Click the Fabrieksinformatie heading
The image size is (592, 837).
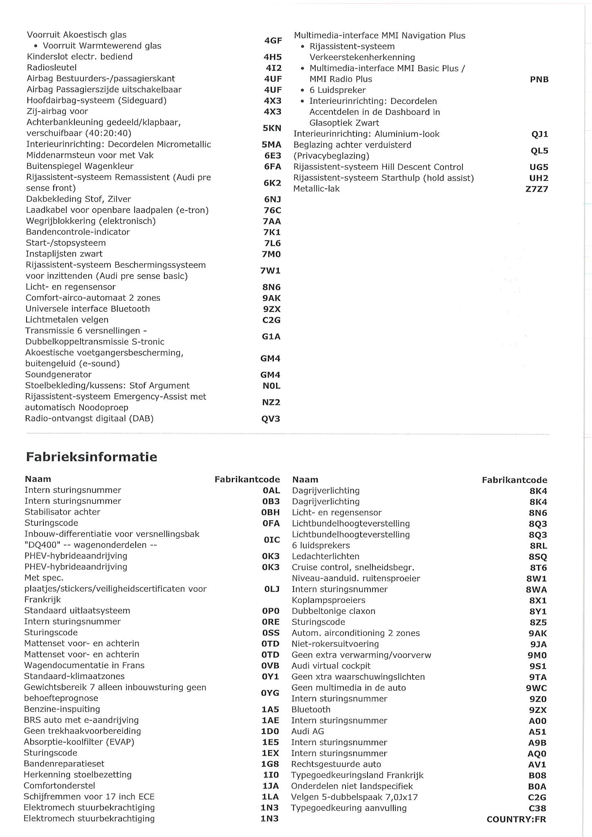point(92,457)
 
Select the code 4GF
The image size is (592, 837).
point(273,40)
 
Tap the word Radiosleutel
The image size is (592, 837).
point(52,67)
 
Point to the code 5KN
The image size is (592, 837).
point(272,128)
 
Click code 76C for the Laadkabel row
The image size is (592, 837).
point(272,210)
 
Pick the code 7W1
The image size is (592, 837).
point(270,271)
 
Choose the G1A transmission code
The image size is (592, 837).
point(271,336)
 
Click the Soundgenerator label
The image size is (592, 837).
point(58,374)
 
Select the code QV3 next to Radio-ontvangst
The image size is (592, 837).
point(271,418)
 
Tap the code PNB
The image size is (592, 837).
point(539,79)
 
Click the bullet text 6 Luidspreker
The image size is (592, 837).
point(337,90)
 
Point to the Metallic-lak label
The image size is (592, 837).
point(316,189)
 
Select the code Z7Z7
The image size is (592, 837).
point(537,189)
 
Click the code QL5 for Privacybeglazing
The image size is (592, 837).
point(539,150)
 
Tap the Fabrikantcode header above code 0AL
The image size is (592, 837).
point(247,479)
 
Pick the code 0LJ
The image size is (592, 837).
point(271,589)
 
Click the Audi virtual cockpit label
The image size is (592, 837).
point(331,666)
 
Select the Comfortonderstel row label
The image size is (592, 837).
point(59,786)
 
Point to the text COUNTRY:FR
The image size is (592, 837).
point(516,819)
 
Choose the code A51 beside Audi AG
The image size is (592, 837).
point(537,732)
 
